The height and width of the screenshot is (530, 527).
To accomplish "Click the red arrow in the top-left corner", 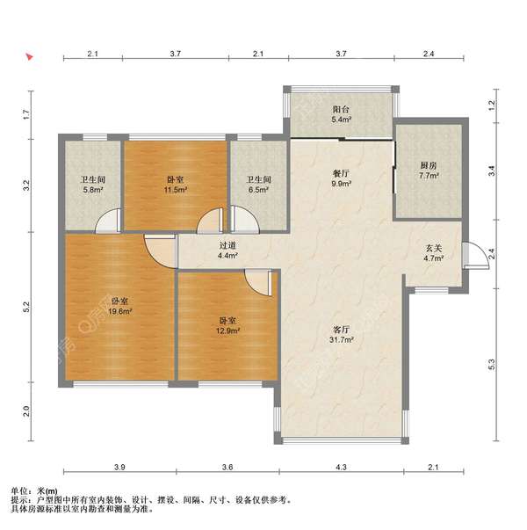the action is click(x=30, y=56).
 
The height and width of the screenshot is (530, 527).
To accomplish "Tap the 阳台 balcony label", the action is click(x=341, y=110).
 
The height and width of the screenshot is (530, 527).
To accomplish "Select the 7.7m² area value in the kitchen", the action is click(x=429, y=176).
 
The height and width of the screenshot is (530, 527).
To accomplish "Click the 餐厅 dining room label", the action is click(x=341, y=174).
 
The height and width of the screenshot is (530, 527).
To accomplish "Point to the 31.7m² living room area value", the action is click(x=341, y=339).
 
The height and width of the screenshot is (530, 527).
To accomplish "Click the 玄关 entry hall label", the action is click(x=434, y=249).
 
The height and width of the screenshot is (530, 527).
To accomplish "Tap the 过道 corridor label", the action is click(x=227, y=246).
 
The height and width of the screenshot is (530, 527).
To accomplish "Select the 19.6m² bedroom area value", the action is click(x=120, y=311).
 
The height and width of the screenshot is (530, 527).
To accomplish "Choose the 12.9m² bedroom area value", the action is click(x=228, y=330).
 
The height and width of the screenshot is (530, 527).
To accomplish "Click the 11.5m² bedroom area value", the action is click(x=176, y=190).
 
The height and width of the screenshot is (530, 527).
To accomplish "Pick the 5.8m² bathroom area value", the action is click(x=93, y=190).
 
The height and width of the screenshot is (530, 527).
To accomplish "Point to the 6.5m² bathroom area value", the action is click(x=259, y=190).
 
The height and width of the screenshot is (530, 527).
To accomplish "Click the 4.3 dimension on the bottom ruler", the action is click(x=341, y=467).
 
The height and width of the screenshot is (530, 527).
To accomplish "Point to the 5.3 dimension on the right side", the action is click(x=492, y=364).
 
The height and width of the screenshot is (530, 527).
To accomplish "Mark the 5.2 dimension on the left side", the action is click(x=26, y=307).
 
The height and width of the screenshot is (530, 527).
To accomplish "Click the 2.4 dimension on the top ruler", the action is click(x=429, y=54).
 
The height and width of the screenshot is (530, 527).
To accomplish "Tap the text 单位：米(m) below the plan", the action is click(x=34, y=490).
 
